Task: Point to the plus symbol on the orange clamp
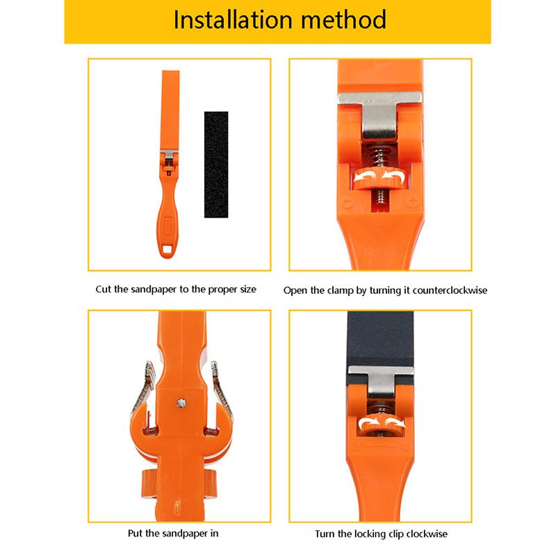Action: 412,202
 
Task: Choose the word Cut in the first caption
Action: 104,289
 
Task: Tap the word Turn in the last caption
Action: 324,534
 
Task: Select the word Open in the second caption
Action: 296,289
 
